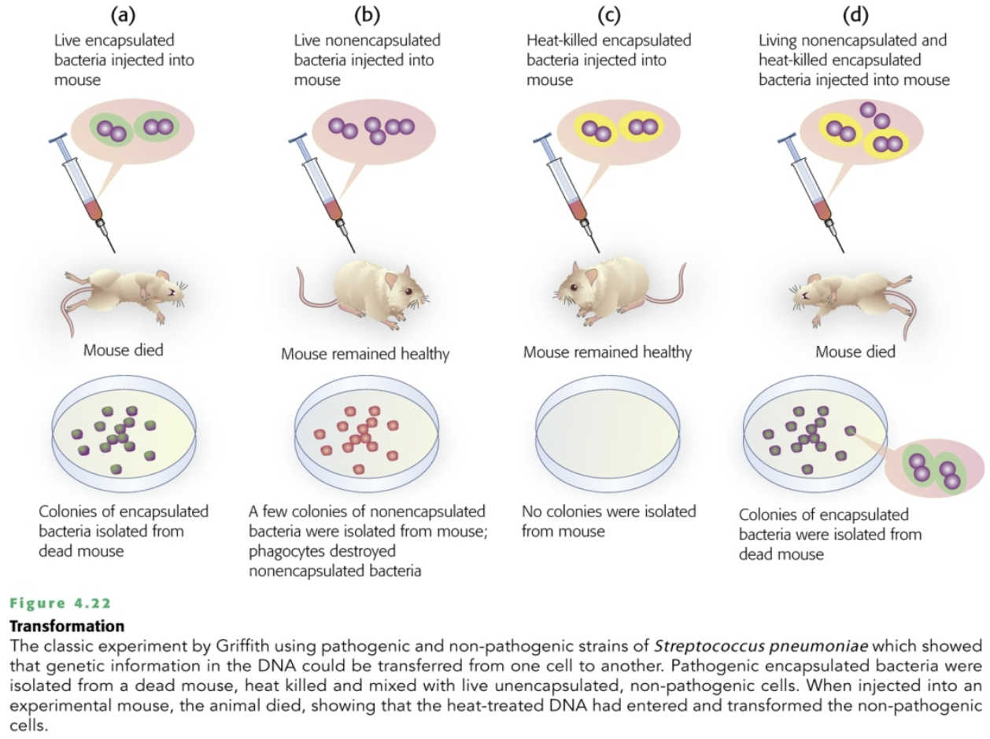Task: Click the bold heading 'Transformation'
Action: point(67,627)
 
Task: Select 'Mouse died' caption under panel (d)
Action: point(855,352)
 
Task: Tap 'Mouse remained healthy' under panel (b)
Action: point(365,355)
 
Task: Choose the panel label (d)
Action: point(855,14)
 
